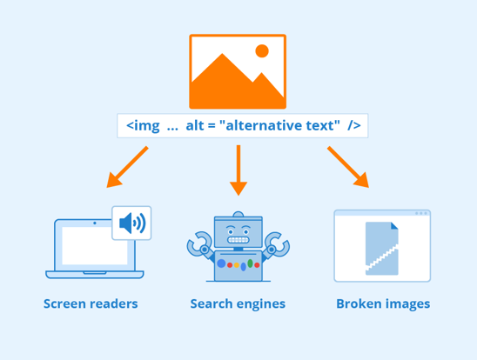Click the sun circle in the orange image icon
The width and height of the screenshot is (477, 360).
(x=261, y=50)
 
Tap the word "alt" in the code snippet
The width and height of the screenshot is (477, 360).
(x=195, y=126)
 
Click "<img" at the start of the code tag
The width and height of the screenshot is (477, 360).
(x=142, y=126)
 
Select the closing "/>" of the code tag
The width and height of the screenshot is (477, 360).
(x=353, y=126)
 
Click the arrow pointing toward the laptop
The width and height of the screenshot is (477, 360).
(x=126, y=167)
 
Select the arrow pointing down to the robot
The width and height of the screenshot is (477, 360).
(x=238, y=170)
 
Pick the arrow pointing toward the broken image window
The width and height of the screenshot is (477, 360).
(x=348, y=167)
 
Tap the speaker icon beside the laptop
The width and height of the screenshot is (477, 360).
(x=132, y=223)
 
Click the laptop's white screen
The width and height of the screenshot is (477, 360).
(x=95, y=246)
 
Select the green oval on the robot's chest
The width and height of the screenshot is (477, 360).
(x=251, y=263)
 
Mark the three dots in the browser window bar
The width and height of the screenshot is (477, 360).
(x=421, y=213)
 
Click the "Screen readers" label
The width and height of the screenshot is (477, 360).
(x=91, y=303)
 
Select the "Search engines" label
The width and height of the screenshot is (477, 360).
(x=238, y=303)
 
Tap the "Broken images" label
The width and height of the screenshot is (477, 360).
(x=383, y=303)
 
